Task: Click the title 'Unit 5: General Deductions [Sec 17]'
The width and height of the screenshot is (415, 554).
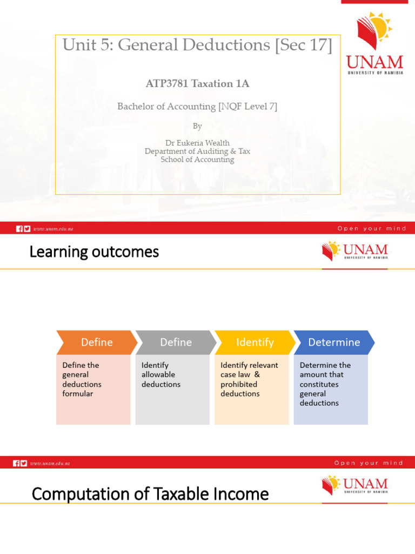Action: [197, 45]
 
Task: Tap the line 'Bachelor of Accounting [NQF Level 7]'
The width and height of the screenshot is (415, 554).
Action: [197, 107]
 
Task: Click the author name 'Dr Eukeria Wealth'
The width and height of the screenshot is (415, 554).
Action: [197, 143]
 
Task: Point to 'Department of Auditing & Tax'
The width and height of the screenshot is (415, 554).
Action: [197, 151]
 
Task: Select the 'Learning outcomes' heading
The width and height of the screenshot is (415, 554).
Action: [94, 252]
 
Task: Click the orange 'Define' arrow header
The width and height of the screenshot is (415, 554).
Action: [96, 342]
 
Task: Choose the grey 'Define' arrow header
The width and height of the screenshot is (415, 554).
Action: [176, 342]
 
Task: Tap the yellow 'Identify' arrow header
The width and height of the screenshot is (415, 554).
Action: [255, 342]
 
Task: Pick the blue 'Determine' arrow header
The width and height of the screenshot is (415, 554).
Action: [334, 342]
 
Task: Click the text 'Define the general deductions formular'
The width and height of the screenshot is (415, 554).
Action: [82, 379]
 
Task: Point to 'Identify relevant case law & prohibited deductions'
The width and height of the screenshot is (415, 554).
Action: [249, 379]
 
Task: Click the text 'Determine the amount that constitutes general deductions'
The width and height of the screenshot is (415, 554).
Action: [325, 384]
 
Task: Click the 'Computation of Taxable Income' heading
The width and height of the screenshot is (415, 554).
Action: [150, 494]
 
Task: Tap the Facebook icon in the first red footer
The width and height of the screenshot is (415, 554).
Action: [19, 229]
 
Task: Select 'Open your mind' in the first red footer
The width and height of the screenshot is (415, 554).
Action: [372, 228]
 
